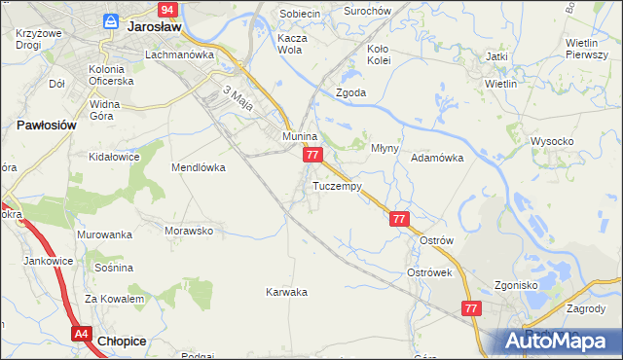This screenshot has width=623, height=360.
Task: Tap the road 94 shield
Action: pos(167,10)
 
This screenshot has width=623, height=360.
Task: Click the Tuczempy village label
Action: pos(337,186)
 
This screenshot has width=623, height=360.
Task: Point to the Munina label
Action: pos(301,137)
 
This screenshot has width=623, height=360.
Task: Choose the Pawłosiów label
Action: pos(47,126)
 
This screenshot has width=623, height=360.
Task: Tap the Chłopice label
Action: pos(124,341)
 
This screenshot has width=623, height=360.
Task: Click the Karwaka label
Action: pos(287,292)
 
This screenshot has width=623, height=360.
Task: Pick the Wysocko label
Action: pos(552,141)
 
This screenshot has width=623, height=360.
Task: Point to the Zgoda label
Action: pos(350,93)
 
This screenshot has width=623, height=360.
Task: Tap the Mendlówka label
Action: pos(199,167)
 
